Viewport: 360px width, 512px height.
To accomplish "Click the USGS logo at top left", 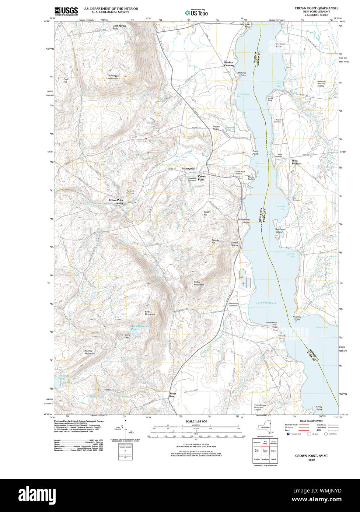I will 66,11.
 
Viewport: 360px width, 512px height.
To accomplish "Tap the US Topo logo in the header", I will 196,12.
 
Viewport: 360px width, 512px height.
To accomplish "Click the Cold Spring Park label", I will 119,27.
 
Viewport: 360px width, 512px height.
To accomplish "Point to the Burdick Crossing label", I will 229,64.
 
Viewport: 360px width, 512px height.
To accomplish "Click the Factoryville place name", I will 188,169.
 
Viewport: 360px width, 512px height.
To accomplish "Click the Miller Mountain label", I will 199,283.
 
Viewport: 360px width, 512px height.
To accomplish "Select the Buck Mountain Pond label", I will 140,328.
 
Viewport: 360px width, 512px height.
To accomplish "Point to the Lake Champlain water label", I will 266,303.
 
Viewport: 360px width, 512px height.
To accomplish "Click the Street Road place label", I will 172,394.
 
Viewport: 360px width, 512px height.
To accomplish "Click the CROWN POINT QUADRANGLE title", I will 316,8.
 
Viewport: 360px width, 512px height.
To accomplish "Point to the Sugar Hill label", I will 207,213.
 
